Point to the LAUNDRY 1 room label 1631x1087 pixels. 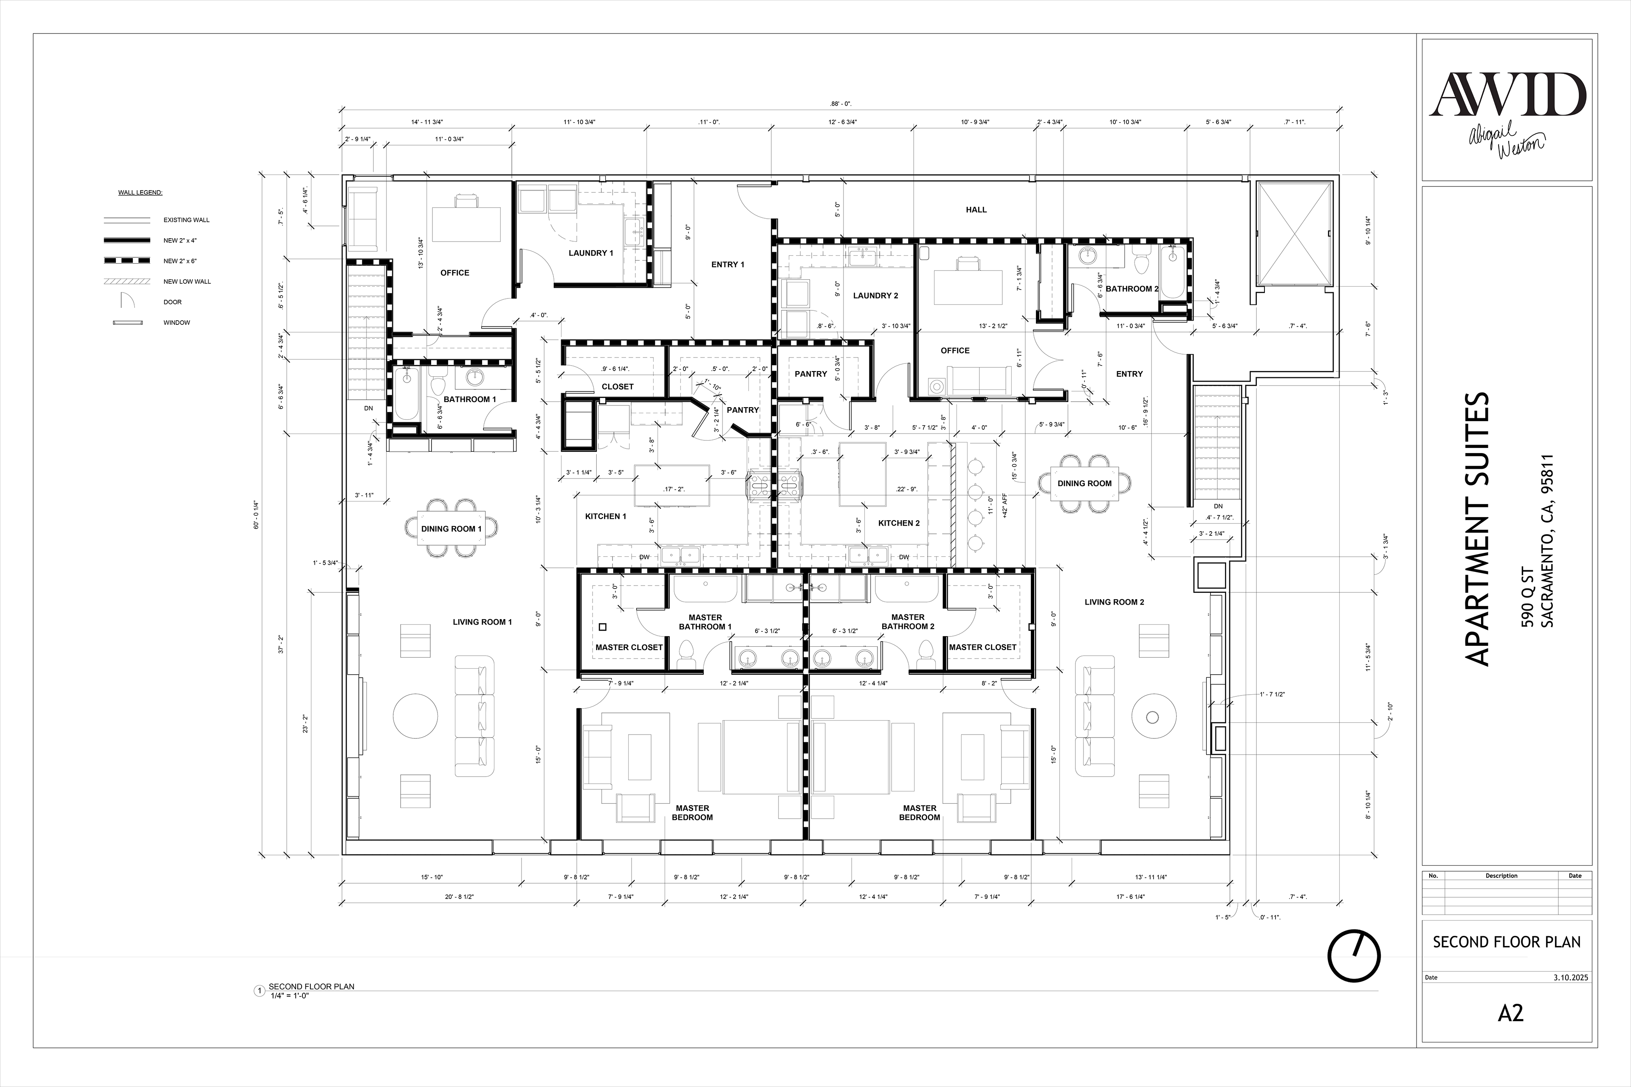click(591, 253)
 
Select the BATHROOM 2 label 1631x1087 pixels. click(1132, 288)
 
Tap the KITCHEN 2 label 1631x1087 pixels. click(899, 523)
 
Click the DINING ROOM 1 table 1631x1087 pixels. click(451, 529)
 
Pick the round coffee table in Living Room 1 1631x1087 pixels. click(415, 716)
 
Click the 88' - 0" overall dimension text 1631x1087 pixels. click(841, 104)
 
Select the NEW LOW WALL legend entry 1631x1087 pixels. click(187, 282)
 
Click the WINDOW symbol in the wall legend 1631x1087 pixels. click(127, 322)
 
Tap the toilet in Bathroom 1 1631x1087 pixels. click(437, 386)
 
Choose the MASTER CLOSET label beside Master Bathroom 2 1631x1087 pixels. click(982, 647)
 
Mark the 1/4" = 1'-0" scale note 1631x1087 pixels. click(289, 995)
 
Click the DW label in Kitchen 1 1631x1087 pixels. click(644, 557)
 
